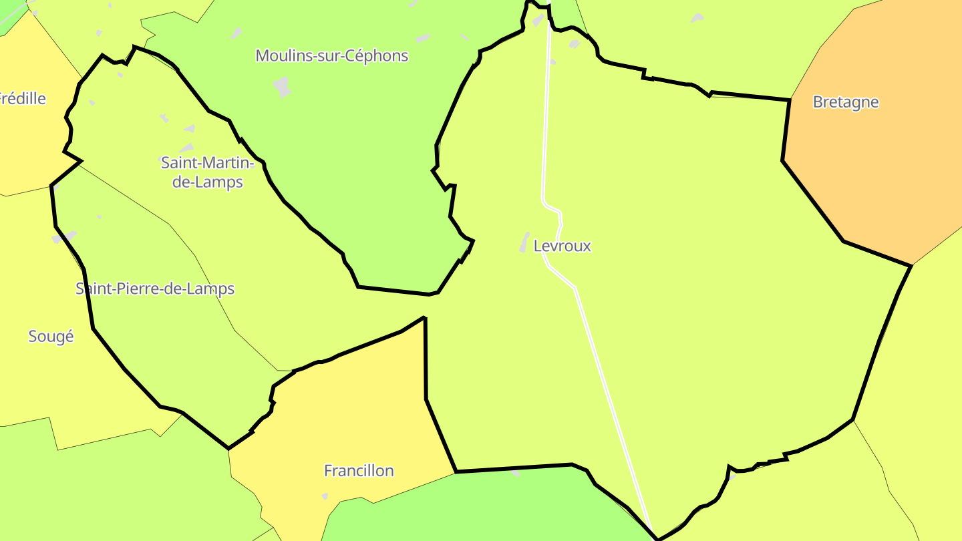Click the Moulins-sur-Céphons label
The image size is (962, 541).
(331, 56)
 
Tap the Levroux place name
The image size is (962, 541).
(562, 246)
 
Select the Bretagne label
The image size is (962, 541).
(845, 102)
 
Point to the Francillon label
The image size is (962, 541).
(359, 471)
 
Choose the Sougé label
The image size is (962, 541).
(51, 337)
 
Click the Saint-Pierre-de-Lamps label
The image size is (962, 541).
(155, 289)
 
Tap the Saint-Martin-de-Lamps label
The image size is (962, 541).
(207, 172)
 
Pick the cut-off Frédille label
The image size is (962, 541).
(23, 99)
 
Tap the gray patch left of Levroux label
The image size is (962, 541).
(524, 242)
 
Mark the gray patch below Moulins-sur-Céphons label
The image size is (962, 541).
(283, 87)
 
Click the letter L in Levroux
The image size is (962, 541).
(538, 246)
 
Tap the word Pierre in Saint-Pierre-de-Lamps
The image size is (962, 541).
(134, 289)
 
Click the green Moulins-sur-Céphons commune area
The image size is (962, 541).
(361, 167)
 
